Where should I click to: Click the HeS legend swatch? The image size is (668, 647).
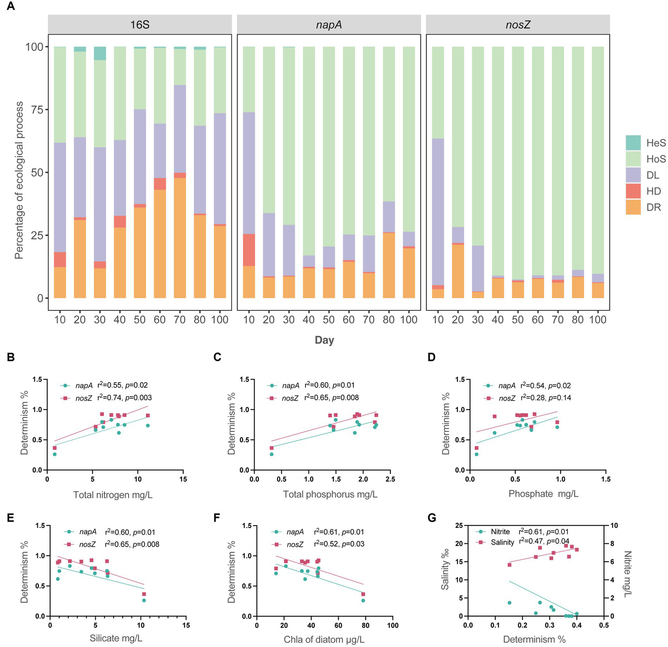coord(633,143)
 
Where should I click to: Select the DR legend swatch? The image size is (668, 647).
coord(633,207)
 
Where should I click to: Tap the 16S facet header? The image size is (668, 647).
coord(140,25)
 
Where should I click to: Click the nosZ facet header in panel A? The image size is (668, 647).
coord(518,25)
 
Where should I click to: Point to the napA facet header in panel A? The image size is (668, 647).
coord(329,25)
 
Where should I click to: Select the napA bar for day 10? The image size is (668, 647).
coord(249,174)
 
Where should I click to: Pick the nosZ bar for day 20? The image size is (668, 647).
coord(458,174)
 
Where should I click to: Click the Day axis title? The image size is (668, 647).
coord(324,340)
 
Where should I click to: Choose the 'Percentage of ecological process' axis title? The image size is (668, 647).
coord(19,180)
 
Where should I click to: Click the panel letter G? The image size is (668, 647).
coord(432,518)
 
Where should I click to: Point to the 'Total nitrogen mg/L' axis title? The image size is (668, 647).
coord(113,495)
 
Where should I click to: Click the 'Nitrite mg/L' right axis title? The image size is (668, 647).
coord(627,574)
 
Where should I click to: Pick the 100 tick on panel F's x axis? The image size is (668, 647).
coord(393,626)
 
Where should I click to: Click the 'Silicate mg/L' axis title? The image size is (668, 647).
coord(116,638)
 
